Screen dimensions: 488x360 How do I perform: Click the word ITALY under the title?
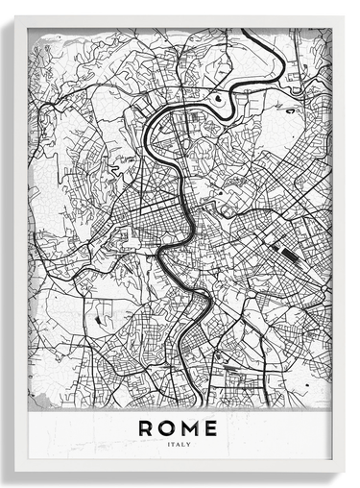click(180, 444)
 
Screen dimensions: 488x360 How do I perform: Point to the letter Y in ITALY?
click(190, 444)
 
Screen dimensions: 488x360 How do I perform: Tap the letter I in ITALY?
click(169, 444)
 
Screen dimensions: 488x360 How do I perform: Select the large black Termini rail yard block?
click(284, 253)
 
